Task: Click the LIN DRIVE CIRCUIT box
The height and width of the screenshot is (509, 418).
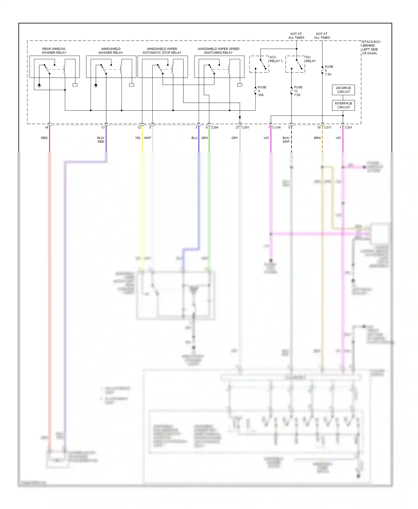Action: pyautogui.click(x=343, y=90)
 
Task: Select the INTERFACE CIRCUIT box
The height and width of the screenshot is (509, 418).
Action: pyautogui.click(x=343, y=105)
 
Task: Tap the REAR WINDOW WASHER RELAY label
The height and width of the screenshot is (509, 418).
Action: pyautogui.click(x=54, y=51)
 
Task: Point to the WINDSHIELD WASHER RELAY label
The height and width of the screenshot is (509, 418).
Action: pyautogui.click(x=111, y=51)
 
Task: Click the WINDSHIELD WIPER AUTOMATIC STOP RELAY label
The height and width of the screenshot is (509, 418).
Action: pyautogui.click(x=162, y=51)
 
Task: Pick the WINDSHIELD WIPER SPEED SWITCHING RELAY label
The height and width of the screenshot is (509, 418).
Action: pyautogui.click(x=218, y=51)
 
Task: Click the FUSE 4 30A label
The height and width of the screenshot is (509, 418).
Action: pyautogui.click(x=262, y=91)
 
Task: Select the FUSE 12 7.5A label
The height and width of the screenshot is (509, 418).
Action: pyautogui.click(x=298, y=91)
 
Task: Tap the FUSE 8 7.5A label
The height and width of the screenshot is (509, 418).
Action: pyautogui.click(x=329, y=70)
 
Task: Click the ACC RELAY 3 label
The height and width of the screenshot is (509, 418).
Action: pyautogui.click(x=276, y=59)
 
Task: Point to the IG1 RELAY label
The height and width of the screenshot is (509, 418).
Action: pyautogui.click(x=310, y=59)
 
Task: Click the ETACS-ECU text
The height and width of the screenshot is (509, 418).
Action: pyautogui.click(x=371, y=42)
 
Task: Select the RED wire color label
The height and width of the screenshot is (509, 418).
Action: pyautogui.click(x=44, y=138)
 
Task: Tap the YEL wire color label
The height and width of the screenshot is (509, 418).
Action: pyautogui.click(x=138, y=138)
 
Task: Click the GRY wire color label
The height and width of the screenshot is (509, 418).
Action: pyautogui.click(x=235, y=138)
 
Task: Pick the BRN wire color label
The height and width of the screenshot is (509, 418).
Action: pyautogui.click(x=317, y=138)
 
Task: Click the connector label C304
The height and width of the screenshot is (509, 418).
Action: pyautogui.click(x=215, y=128)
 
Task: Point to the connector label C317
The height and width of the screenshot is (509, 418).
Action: pyautogui.click(x=328, y=128)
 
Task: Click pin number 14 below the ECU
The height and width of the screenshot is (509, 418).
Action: pyautogui.click(x=46, y=128)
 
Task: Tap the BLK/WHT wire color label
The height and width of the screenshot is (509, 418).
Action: pyautogui.click(x=286, y=140)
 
